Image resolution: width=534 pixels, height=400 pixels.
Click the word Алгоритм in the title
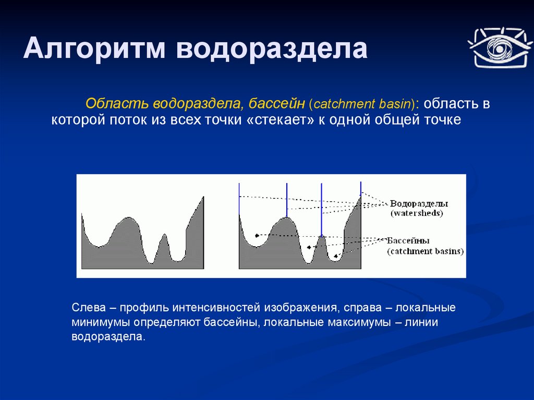[x=94, y=49]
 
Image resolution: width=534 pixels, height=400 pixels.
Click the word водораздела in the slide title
[x=272, y=49]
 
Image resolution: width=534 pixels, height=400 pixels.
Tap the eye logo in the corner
[x=500, y=48]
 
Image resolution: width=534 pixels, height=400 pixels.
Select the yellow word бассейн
[x=276, y=103]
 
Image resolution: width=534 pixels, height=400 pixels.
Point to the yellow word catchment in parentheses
[x=345, y=104]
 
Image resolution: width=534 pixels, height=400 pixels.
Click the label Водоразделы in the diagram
[x=419, y=204]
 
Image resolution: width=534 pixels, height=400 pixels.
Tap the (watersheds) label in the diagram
[x=417, y=213]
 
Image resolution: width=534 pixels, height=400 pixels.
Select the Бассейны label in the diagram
[x=408, y=240]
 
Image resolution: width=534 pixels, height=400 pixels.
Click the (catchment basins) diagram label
[x=426, y=251]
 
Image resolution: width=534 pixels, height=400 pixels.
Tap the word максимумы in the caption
[x=359, y=322]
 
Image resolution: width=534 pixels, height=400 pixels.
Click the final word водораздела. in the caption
[x=108, y=336]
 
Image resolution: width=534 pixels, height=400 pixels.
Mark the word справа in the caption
[x=362, y=308]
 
